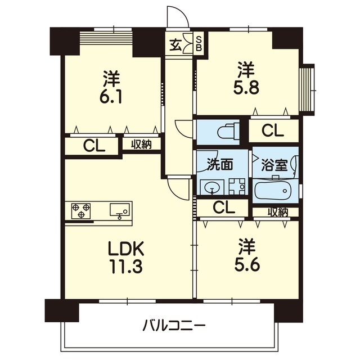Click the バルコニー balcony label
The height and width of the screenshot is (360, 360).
[x=174, y=325]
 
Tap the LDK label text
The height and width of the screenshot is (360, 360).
[x=126, y=249]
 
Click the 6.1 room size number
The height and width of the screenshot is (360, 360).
[x=110, y=96]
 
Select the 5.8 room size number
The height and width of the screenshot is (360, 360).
[x=246, y=87]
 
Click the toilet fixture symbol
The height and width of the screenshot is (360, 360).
[x=228, y=132]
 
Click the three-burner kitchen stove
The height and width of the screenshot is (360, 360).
[x=81, y=211]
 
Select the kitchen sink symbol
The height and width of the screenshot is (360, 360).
[x=120, y=211]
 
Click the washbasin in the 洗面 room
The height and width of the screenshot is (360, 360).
[x=212, y=187]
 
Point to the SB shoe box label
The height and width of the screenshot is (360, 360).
[x=199, y=44]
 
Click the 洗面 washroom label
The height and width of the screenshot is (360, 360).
[x=220, y=164]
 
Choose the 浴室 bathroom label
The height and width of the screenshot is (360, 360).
[x=274, y=165]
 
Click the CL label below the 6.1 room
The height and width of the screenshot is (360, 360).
[x=94, y=146]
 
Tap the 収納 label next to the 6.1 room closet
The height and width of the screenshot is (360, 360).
[x=141, y=145]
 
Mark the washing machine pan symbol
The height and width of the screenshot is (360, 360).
[x=237, y=187]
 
